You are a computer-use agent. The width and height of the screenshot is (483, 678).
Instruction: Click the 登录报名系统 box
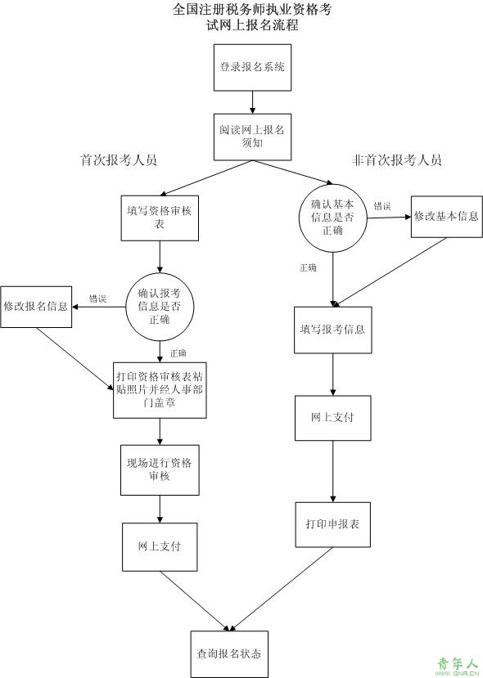252,67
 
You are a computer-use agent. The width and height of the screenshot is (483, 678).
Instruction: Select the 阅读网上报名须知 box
252,137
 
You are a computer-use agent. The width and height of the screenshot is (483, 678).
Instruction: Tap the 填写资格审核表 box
160,218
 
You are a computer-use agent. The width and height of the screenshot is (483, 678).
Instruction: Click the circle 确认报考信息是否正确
160,307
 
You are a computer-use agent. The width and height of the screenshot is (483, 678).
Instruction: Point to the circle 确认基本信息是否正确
333,218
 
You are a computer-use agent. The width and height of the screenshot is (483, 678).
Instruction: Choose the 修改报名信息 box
36,307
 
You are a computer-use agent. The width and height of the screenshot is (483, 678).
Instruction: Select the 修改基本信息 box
447,217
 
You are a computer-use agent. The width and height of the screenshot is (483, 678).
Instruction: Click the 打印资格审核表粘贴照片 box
160,390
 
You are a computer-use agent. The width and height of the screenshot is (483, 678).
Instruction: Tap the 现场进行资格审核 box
160,470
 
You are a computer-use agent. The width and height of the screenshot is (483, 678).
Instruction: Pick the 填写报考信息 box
333,330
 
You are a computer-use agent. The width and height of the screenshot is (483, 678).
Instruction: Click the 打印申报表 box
333,524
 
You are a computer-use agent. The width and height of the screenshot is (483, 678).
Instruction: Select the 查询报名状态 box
229,653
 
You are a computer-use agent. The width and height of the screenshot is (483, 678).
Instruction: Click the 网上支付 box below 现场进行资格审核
160,547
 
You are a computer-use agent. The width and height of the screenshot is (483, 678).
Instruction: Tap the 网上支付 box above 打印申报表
333,418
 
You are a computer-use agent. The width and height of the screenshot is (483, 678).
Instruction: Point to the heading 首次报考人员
119,160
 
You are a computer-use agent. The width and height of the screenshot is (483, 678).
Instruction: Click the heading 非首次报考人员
396,160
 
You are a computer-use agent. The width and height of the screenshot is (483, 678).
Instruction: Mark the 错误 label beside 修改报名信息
97,299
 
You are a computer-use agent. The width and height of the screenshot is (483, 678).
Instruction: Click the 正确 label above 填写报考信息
308,267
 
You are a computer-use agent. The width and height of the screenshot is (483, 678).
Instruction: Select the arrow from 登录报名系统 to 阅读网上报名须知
252,102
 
